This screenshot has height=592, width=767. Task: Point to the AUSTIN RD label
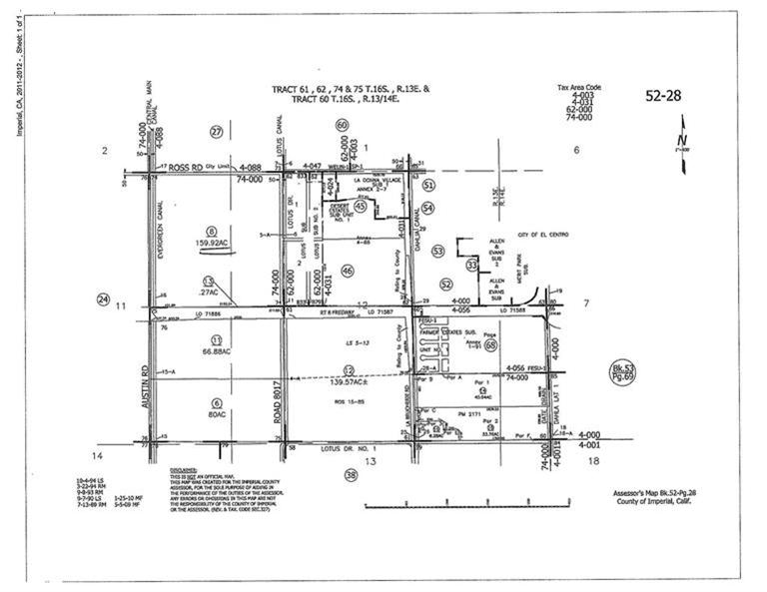(146, 382)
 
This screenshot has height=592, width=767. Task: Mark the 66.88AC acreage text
(214, 350)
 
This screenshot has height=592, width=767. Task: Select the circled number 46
(347, 271)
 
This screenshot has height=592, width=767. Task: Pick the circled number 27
(216, 132)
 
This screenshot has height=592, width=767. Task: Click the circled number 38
(351, 475)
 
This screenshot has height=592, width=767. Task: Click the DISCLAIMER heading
(184, 468)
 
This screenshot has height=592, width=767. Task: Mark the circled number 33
(471, 265)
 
